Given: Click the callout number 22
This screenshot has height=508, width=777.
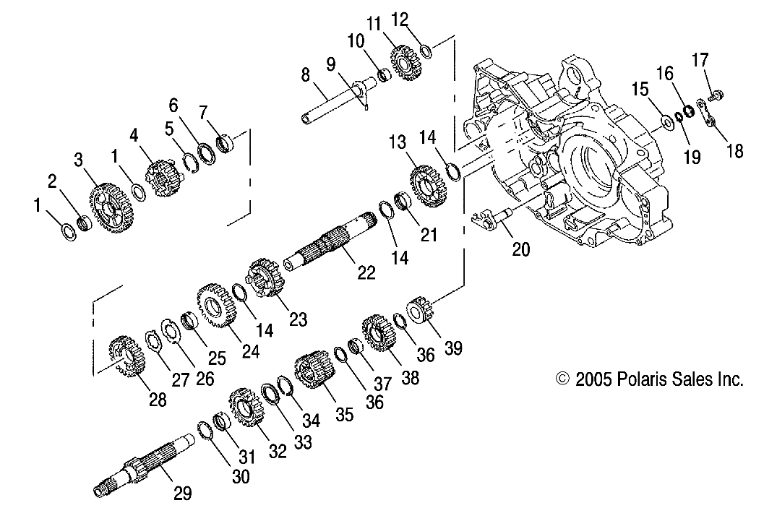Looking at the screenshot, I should [x=366, y=272].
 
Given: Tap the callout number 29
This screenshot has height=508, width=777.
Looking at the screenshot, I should [x=182, y=494].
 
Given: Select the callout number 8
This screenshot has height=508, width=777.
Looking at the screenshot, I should [x=305, y=74].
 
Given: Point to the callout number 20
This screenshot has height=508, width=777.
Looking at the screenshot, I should [x=520, y=249].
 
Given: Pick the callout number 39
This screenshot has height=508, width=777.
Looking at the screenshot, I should [x=453, y=348].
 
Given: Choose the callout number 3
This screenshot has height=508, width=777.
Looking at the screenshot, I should [x=77, y=159].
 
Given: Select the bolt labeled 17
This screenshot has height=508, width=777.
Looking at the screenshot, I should [x=716, y=94].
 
